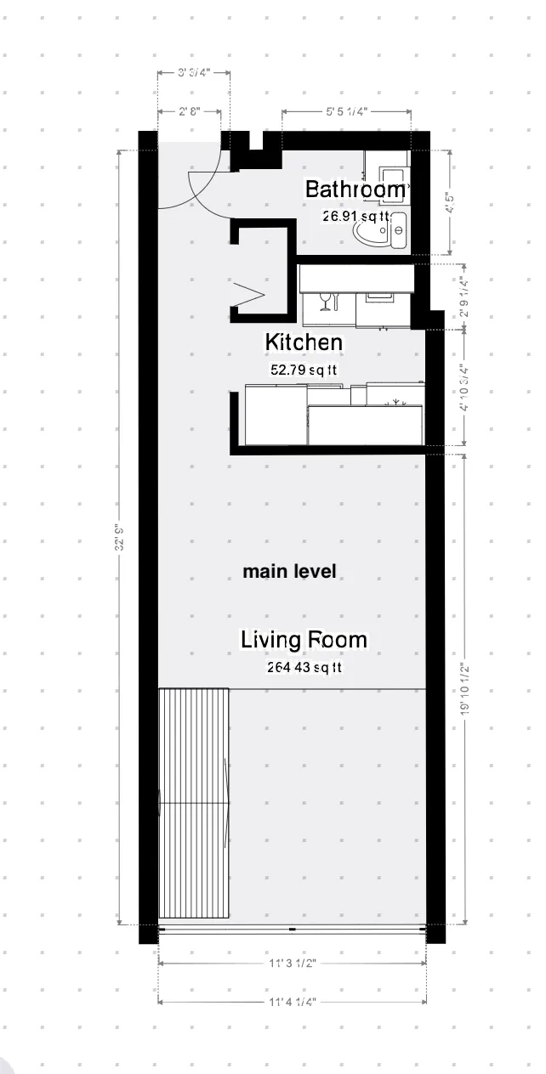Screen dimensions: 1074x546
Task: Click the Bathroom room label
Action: point(355,189)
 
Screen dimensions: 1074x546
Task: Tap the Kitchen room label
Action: point(304,342)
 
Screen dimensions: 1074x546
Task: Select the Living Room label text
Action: point(304,640)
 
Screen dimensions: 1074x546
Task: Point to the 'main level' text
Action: point(289,572)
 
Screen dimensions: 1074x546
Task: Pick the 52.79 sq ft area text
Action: point(304,370)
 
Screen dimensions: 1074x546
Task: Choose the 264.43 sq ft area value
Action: point(304,668)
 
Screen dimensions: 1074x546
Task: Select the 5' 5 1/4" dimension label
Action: point(346,111)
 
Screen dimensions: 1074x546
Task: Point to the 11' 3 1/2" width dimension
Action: point(292,964)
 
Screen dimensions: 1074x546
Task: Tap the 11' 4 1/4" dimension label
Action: point(292,1002)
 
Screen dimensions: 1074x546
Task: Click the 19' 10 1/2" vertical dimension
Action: point(464,690)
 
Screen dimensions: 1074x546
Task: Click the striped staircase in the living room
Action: point(194,804)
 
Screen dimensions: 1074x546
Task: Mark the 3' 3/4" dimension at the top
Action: point(192,73)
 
